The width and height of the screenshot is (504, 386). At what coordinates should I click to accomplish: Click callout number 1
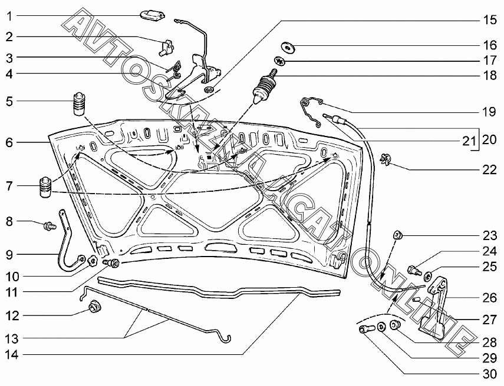pos(8,15)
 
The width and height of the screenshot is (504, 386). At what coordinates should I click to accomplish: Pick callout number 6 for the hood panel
pos(8,142)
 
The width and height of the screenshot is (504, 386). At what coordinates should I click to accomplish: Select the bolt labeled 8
pos(49,224)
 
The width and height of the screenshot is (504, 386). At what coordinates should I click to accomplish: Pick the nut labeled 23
pos(397,236)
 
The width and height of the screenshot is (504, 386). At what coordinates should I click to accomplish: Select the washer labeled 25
pos(429,275)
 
